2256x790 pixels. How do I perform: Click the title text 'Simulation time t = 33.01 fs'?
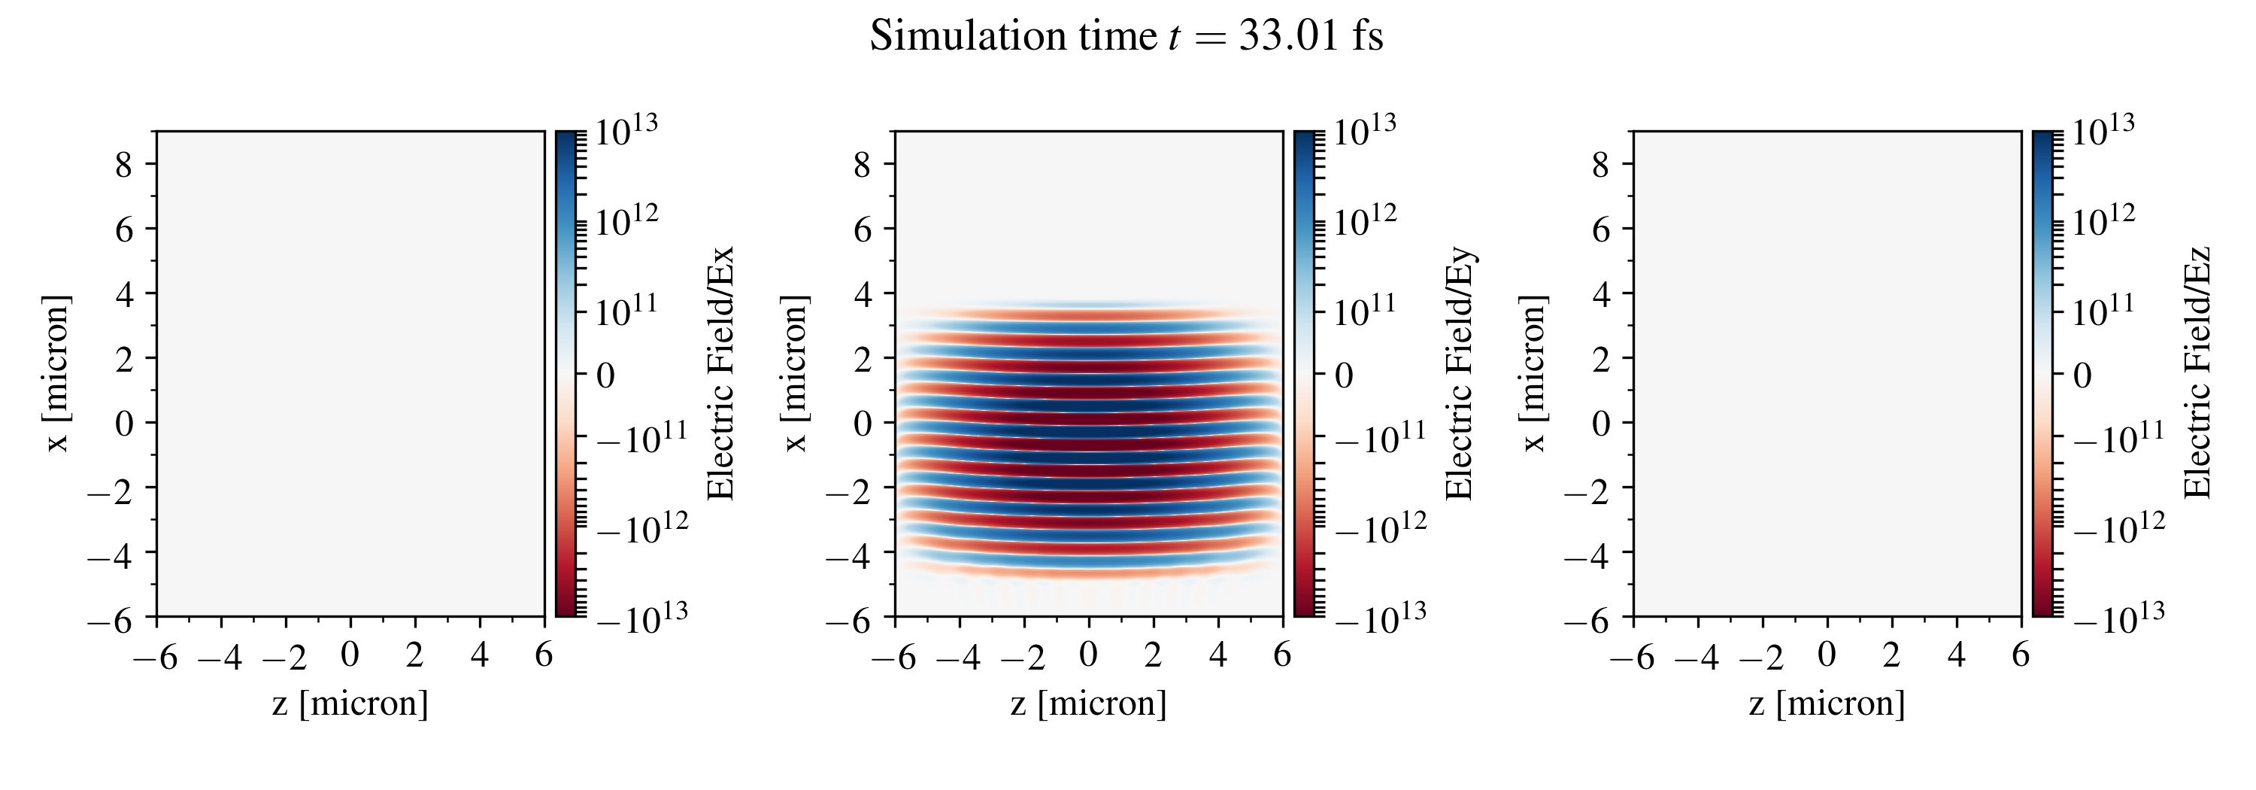[x=1126, y=37]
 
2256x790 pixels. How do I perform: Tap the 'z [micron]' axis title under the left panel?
[x=350, y=703]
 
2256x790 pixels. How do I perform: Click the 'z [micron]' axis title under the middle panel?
[x=1089, y=703]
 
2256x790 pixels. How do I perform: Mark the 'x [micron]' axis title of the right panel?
[x=1533, y=374]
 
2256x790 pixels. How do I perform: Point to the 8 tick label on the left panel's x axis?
[x=123, y=164]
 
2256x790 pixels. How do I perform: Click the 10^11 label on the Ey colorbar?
[x=1366, y=310]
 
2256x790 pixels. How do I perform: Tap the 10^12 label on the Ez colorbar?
[x=2103, y=220]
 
